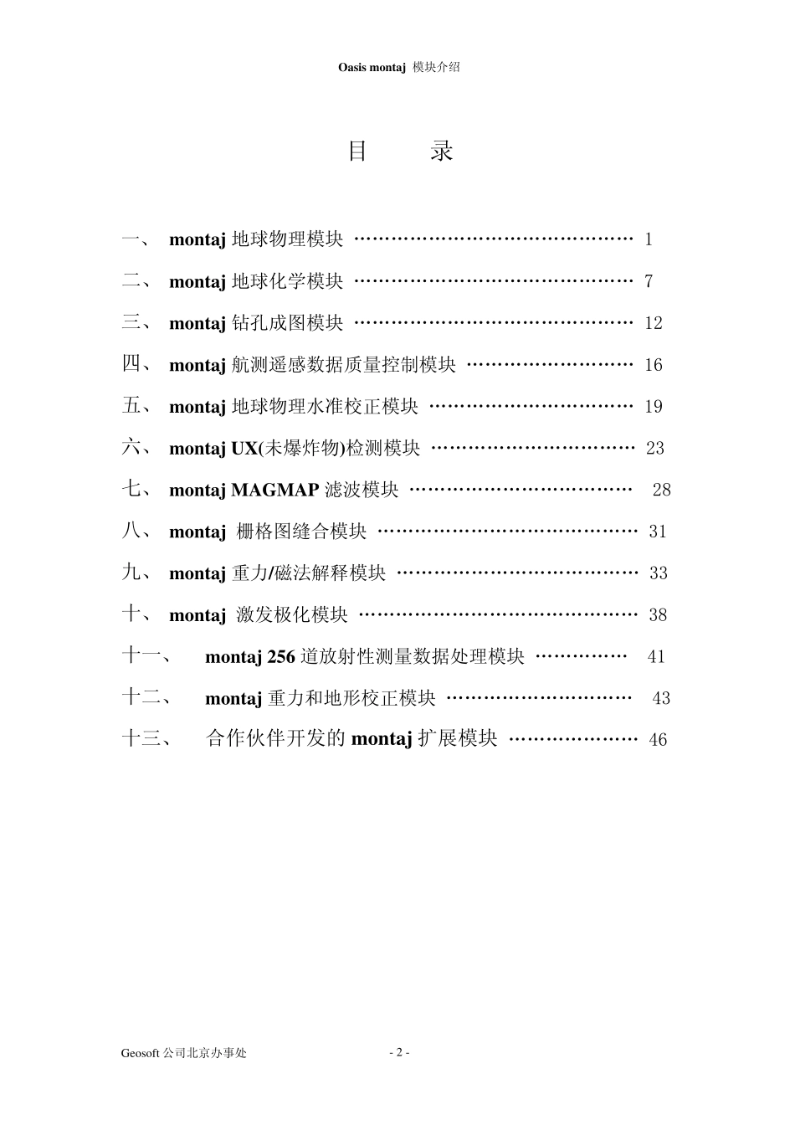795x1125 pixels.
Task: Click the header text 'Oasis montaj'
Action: [x=372, y=68]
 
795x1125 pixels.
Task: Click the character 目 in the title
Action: [x=358, y=152]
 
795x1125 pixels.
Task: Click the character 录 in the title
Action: [x=442, y=152]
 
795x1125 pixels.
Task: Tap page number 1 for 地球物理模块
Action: [x=649, y=239]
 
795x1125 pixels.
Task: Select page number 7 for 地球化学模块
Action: [x=649, y=281]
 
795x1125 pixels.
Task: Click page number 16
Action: [x=654, y=365]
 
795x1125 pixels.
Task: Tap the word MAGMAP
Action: [x=274, y=491]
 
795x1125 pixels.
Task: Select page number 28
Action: [x=661, y=490]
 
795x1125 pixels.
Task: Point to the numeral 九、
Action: [x=136, y=573]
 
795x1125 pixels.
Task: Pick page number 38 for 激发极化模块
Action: [x=658, y=615]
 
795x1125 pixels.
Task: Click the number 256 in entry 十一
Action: [x=281, y=657]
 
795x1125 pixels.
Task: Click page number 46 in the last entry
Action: [x=658, y=740]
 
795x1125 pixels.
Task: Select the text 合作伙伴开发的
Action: [x=277, y=739]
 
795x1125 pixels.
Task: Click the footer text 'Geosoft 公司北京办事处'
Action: [x=183, y=1053]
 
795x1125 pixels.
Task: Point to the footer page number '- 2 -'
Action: [x=399, y=1052]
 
